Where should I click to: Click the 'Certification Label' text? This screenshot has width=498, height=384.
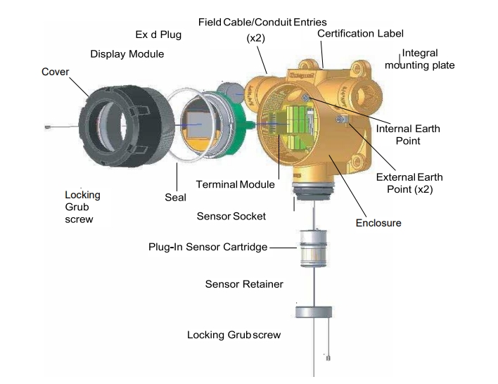[x=360, y=33]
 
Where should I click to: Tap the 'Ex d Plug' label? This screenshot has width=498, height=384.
[x=158, y=34]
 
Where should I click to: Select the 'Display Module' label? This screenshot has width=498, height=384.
[x=127, y=54]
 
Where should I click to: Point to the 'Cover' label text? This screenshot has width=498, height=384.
[x=56, y=72]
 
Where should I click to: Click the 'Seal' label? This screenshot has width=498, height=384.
[x=175, y=198]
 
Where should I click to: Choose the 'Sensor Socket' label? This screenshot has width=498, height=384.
[x=231, y=216]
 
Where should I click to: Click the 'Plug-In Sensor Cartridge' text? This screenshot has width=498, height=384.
[x=209, y=247]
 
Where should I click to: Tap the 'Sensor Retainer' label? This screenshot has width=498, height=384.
[x=244, y=284]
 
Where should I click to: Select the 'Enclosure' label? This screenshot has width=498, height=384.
[x=378, y=223]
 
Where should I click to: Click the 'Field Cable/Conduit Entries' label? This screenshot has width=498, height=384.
[x=262, y=22]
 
